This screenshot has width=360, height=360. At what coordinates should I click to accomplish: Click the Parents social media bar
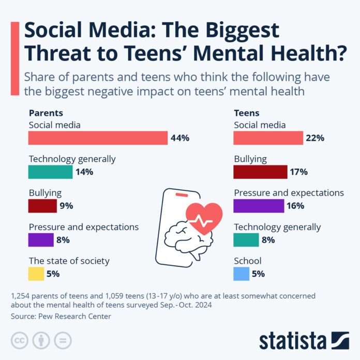(x=98, y=138)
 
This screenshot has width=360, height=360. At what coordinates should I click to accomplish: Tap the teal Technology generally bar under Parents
(x=50, y=172)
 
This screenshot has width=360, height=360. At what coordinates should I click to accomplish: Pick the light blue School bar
(x=241, y=274)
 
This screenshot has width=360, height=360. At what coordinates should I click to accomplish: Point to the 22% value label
(x=315, y=138)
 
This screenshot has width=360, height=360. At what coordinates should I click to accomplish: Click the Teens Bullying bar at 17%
(x=260, y=172)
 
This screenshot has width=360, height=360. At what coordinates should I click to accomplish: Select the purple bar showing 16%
(x=259, y=206)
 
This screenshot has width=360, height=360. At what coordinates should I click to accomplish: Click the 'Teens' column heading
(x=247, y=113)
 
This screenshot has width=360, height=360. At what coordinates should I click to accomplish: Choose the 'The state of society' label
(x=69, y=261)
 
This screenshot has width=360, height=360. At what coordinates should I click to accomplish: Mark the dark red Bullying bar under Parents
(x=42, y=206)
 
